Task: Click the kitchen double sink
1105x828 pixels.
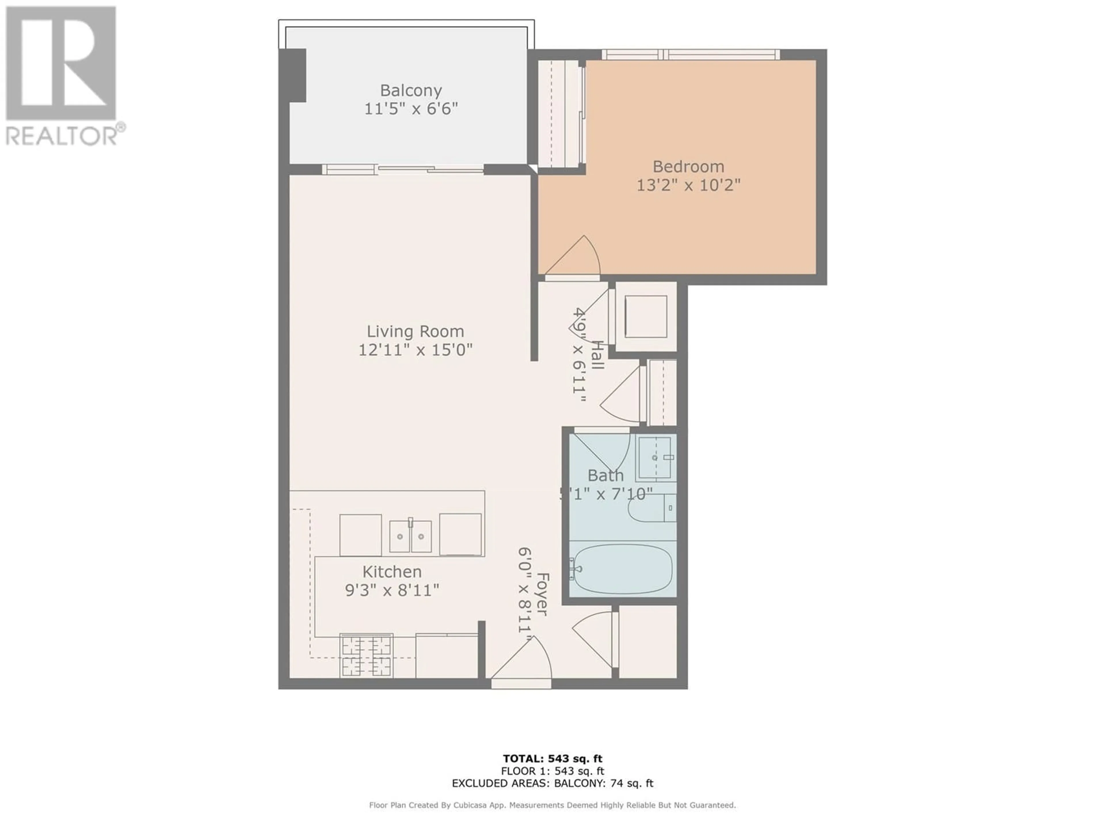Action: point(410,536)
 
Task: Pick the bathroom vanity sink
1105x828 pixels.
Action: point(656,458)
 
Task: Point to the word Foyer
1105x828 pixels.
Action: point(542,595)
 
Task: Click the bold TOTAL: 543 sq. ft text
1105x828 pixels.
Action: point(552,759)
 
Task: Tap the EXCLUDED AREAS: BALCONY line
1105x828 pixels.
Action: point(552,783)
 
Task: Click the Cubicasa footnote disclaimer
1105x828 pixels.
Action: point(552,805)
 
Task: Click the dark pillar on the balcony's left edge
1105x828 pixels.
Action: point(292,75)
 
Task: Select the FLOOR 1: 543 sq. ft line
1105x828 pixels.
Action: point(552,771)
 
